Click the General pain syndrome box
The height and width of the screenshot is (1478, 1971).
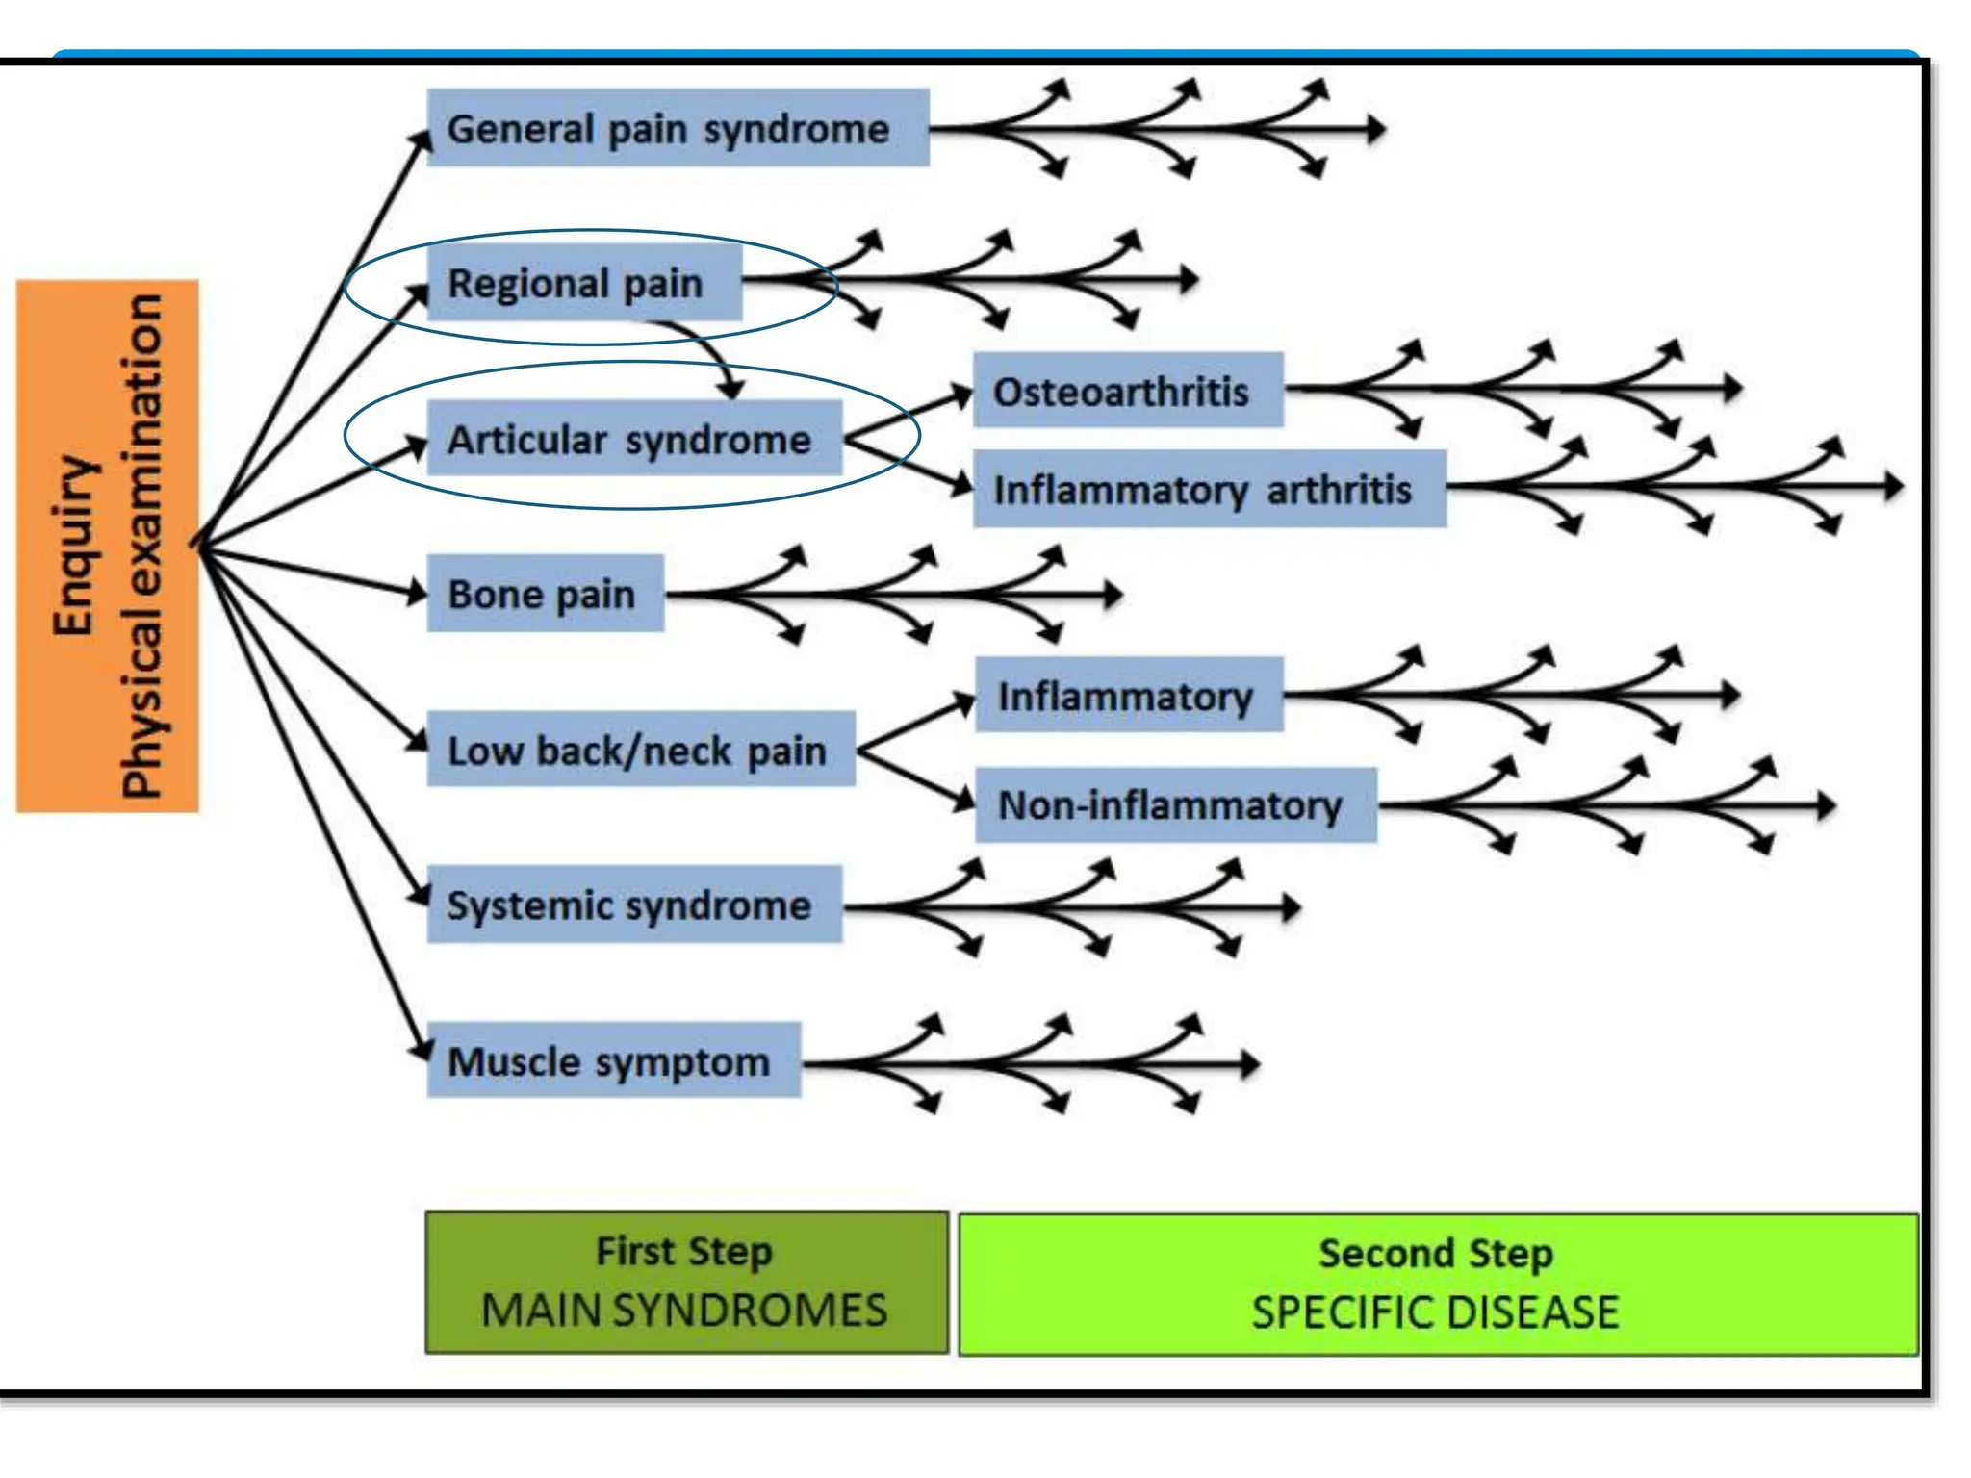[x=678, y=128]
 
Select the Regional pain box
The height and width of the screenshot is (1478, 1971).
[x=584, y=283]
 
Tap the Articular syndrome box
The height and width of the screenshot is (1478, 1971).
[x=634, y=440]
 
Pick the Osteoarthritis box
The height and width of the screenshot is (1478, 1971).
[x=1128, y=391]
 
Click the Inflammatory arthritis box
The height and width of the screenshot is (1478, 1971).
[x=1209, y=489]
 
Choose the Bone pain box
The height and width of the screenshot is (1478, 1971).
[x=545, y=594]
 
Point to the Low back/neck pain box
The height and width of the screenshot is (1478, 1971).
[x=640, y=750]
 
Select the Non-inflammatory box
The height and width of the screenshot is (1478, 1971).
[x=1175, y=804]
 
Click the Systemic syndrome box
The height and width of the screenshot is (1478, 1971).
[x=634, y=905]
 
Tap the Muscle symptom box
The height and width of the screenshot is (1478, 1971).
[x=613, y=1060]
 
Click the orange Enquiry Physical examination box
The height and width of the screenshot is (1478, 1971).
[x=108, y=547]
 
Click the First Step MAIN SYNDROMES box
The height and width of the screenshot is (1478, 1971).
[x=686, y=1283]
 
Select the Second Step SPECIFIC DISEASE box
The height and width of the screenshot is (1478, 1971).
[x=1438, y=1285]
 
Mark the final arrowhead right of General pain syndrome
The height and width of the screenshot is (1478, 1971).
[x=1377, y=128]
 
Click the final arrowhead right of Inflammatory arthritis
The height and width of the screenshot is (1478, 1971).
[x=1894, y=486]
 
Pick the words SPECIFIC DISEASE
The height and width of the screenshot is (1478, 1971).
[x=1435, y=1312]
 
